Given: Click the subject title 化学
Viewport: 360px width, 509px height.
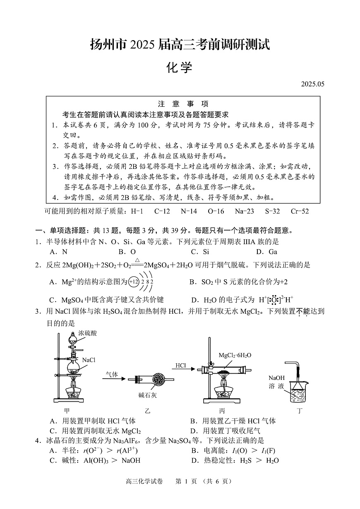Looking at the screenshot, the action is tap(180, 67).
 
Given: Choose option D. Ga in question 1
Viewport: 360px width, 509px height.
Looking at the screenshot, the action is tap(266, 252).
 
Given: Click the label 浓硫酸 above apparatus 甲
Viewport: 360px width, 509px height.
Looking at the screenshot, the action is tap(88, 333).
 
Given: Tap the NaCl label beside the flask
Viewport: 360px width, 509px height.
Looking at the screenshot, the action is tap(89, 360).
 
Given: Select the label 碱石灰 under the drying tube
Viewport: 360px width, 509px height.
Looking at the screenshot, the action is tap(148, 395).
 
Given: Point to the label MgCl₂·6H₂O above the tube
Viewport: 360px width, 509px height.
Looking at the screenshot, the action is tap(235, 355).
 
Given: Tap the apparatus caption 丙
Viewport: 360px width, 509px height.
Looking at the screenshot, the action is tap(222, 411).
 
